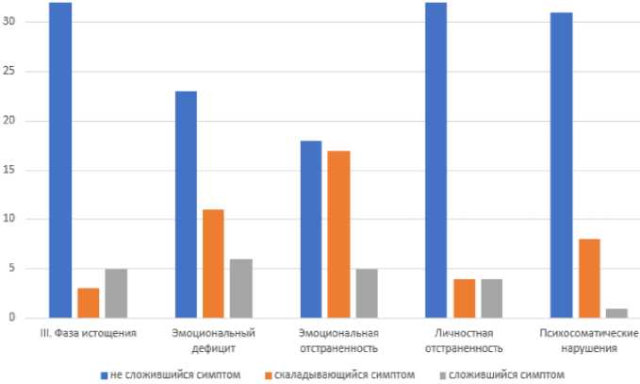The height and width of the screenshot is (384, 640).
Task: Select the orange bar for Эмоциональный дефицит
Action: click(x=213, y=264)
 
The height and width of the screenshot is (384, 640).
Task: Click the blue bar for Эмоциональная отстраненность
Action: click(x=310, y=229)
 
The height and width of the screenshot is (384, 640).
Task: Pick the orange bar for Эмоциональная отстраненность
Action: click(x=338, y=234)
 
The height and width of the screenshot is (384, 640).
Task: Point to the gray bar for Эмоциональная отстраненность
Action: click(x=366, y=293)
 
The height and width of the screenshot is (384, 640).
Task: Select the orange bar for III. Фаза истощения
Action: click(x=88, y=303)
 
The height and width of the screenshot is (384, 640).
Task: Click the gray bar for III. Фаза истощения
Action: click(x=115, y=293)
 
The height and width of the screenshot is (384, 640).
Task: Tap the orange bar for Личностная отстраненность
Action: click(x=463, y=298)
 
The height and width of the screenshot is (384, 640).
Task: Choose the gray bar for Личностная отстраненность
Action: click(x=491, y=298)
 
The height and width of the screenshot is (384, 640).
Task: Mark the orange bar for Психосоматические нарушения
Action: click(x=588, y=278)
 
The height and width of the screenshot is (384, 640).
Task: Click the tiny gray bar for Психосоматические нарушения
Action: click(x=615, y=313)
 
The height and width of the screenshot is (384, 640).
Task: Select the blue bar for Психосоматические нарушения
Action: click(x=560, y=165)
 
